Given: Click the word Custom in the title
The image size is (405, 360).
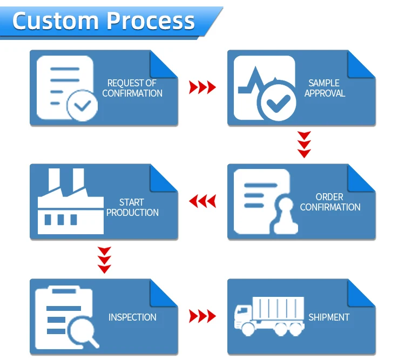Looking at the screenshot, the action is click(x=55, y=21).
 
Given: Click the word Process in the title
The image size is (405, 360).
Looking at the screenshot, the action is click(x=151, y=21).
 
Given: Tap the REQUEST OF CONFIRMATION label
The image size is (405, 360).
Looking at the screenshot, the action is click(x=132, y=88).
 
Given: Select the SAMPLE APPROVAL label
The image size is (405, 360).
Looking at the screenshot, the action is click(x=325, y=88).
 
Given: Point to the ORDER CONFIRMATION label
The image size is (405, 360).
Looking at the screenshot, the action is click(x=330, y=202).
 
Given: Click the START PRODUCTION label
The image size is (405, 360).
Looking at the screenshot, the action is click(x=132, y=207).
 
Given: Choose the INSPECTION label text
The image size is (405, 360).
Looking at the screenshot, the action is click(x=132, y=317).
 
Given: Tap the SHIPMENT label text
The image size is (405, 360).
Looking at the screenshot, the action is click(x=329, y=317).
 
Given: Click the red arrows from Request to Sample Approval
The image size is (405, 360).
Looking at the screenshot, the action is click(x=202, y=87).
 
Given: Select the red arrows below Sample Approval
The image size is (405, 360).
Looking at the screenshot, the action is click(x=304, y=144).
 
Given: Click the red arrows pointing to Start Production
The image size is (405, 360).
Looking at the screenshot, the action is click(x=202, y=201).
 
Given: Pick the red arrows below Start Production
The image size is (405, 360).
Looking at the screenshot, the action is click(x=104, y=260).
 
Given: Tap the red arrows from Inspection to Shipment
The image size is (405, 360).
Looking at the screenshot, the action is click(x=202, y=316).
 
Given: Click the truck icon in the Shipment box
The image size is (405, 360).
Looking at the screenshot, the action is click(x=269, y=316).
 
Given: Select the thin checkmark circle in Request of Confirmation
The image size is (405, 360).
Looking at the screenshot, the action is click(x=82, y=105).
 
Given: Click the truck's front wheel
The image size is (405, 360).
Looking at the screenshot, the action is click(x=248, y=329).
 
